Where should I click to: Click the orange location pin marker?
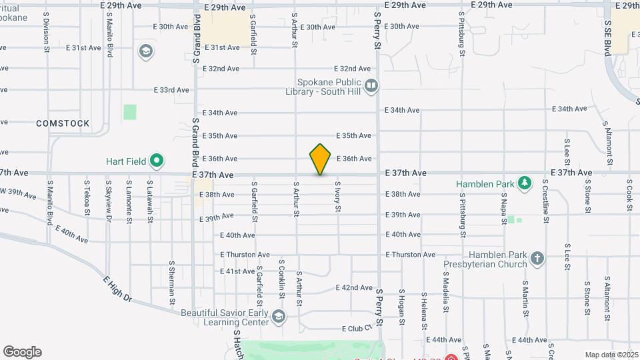coord(320,159)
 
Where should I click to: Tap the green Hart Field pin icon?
coord(157,161)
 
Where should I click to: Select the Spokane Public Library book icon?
coord(372,85)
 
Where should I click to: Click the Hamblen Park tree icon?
coord(525,182)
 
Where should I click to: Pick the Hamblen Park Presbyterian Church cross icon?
coord(537,257)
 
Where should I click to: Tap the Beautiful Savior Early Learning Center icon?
coord(278,315)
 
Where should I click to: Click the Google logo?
coord(22,352)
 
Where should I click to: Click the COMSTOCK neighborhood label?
coord(63,123)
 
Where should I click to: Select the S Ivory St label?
coord(338,197)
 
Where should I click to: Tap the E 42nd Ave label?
coord(357,287)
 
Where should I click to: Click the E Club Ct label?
coord(355,329)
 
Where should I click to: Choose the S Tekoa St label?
coord(87,197)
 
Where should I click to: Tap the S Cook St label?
coord(629,195)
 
